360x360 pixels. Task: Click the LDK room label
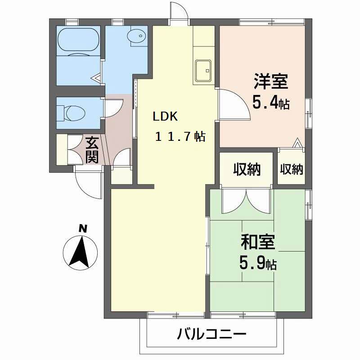pyautogui.click(x=166, y=117)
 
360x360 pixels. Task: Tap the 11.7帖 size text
pyautogui.click(x=180, y=136)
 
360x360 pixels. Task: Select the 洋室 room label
pyautogui.click(x=270, y=83)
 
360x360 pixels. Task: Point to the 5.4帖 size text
pyautogui.click(x=270, y=103)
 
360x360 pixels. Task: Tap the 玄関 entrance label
pyautogui.click(x=92, y=150)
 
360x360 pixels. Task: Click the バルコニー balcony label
pyautogui.click(x=211, y=334)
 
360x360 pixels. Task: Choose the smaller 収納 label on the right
pyautogui.click(x=292, y=169)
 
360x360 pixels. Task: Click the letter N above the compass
pyautogui.click(x=82, y=229)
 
